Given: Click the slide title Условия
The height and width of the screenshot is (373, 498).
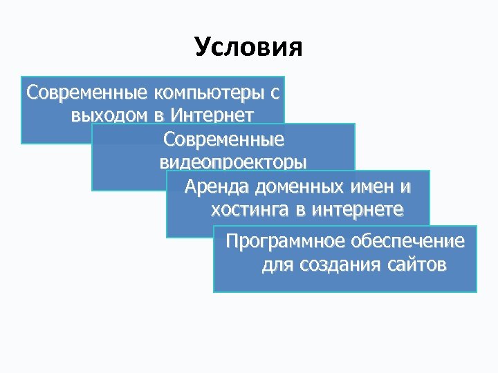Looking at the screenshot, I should tap(249, 47).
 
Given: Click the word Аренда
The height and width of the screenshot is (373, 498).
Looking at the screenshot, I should tap(216, 187).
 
